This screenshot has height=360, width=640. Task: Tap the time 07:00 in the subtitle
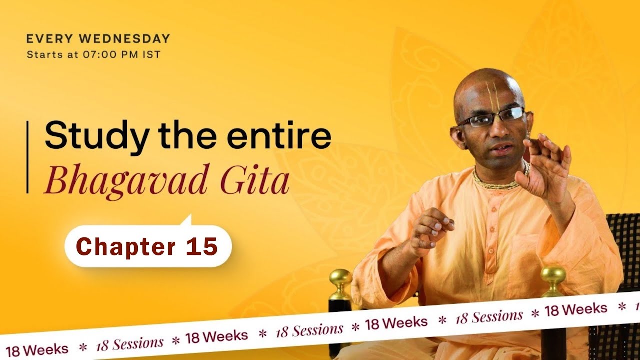108,54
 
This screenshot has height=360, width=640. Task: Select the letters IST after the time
152,54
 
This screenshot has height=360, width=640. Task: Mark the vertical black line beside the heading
27,157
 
